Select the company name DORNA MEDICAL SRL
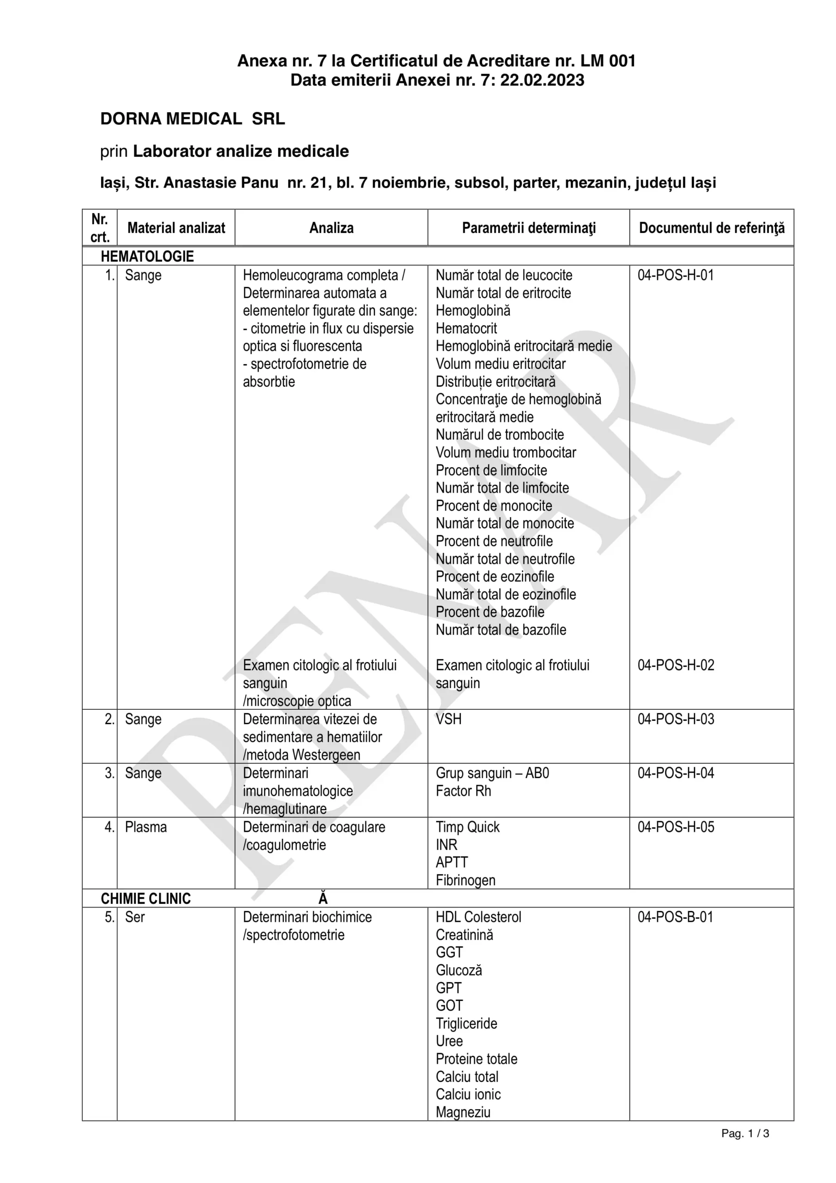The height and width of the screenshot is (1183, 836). [192, 119]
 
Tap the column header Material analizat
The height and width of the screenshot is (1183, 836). [176, 228]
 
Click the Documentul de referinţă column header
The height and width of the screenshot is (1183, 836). [711, 228]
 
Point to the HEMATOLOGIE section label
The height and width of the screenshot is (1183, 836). [147, 256]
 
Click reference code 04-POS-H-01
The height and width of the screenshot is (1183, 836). [675, 275]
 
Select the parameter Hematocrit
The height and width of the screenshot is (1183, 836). [466, 328]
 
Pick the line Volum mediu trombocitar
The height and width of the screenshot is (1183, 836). [506, 452]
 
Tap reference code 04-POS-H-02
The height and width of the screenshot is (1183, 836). [676, 665]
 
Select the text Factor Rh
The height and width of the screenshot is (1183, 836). [463, 791]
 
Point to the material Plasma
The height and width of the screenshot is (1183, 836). [146, 827]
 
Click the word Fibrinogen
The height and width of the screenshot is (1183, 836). [465, 880]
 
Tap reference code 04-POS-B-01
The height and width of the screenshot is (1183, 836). [675, 917]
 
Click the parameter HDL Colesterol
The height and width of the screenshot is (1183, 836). [478, 917]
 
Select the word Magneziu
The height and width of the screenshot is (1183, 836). [463, 1112]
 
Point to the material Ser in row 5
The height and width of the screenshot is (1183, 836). [134, 917]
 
